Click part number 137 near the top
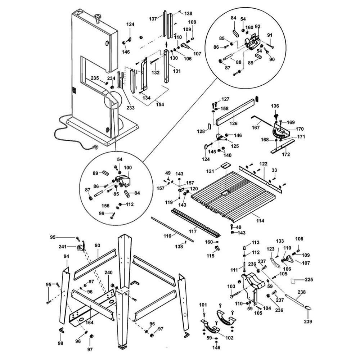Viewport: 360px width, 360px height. point(153,18)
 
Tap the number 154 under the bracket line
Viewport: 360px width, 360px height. point(160,105)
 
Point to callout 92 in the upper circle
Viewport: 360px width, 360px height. point(257,26)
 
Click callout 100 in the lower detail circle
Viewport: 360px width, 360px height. point(127,168)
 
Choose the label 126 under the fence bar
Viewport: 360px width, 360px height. point(234,123)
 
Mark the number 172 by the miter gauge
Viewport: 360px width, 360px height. point(285,155)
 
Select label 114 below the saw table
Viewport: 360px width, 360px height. point(260,220)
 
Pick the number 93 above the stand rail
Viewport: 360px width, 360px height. point(97,246)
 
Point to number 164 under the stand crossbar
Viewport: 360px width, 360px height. point(90,322)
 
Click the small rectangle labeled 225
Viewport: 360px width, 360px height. point(294,280)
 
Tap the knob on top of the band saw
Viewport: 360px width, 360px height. point(98,17)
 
